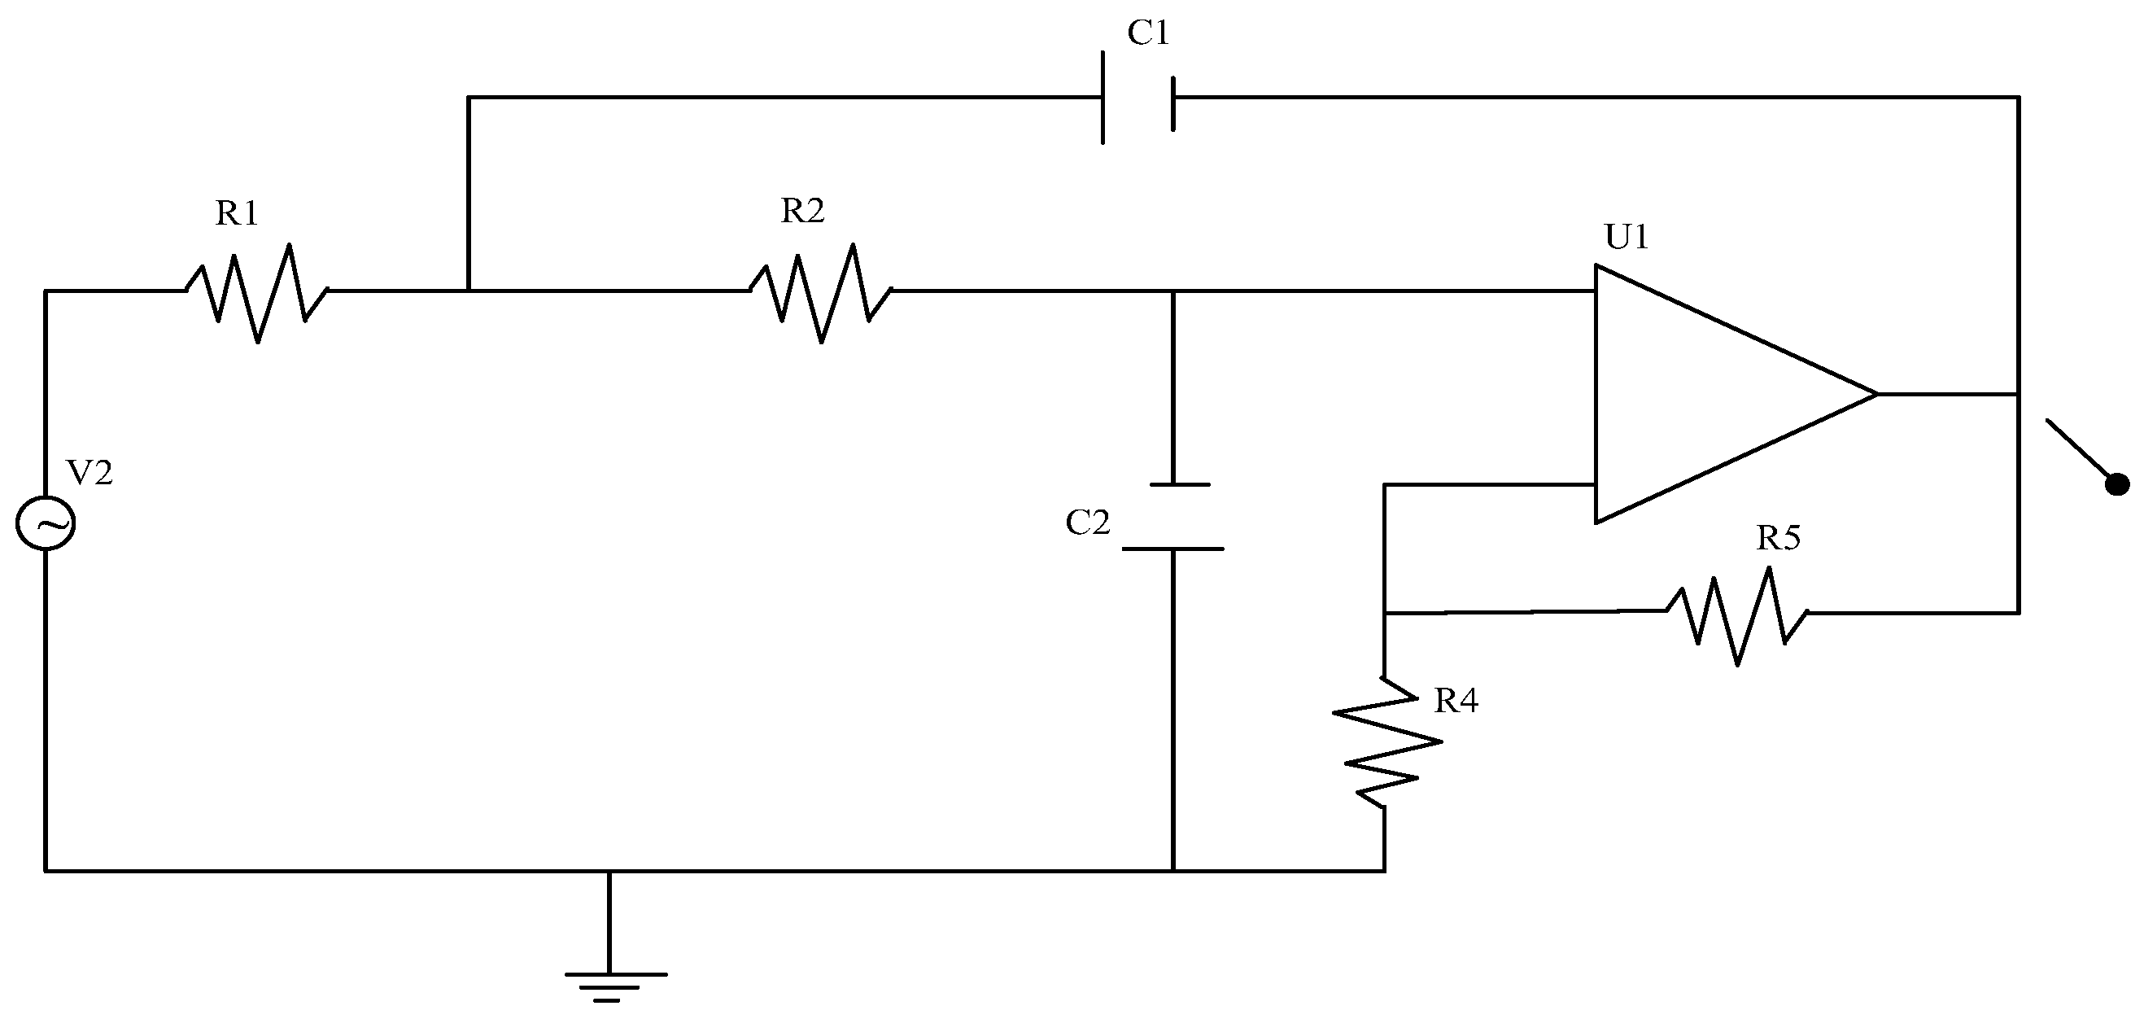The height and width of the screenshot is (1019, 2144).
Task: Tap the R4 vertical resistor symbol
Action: [1384, 741]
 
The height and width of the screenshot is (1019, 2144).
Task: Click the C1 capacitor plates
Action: [1137, 98]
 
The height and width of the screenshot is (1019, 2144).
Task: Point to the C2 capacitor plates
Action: [1172, 517]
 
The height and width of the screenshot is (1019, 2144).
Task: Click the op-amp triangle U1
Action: [1714, 394]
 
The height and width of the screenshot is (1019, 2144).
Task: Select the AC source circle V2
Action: [45, 523]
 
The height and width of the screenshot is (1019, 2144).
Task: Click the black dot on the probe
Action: [2116, 484]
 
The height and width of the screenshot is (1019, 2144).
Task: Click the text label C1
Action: [1149, 33]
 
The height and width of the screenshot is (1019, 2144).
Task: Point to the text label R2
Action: [802, 212]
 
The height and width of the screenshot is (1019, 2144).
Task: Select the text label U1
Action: [1627, 238]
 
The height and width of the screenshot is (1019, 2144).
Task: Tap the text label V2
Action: [89, 474]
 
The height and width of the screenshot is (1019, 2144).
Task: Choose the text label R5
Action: [1779, 539]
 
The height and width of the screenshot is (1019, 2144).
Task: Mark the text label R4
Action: [1456, 702]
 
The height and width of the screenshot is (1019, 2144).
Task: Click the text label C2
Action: [1088, 523]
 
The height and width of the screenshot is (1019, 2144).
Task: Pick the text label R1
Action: [238, 214]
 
